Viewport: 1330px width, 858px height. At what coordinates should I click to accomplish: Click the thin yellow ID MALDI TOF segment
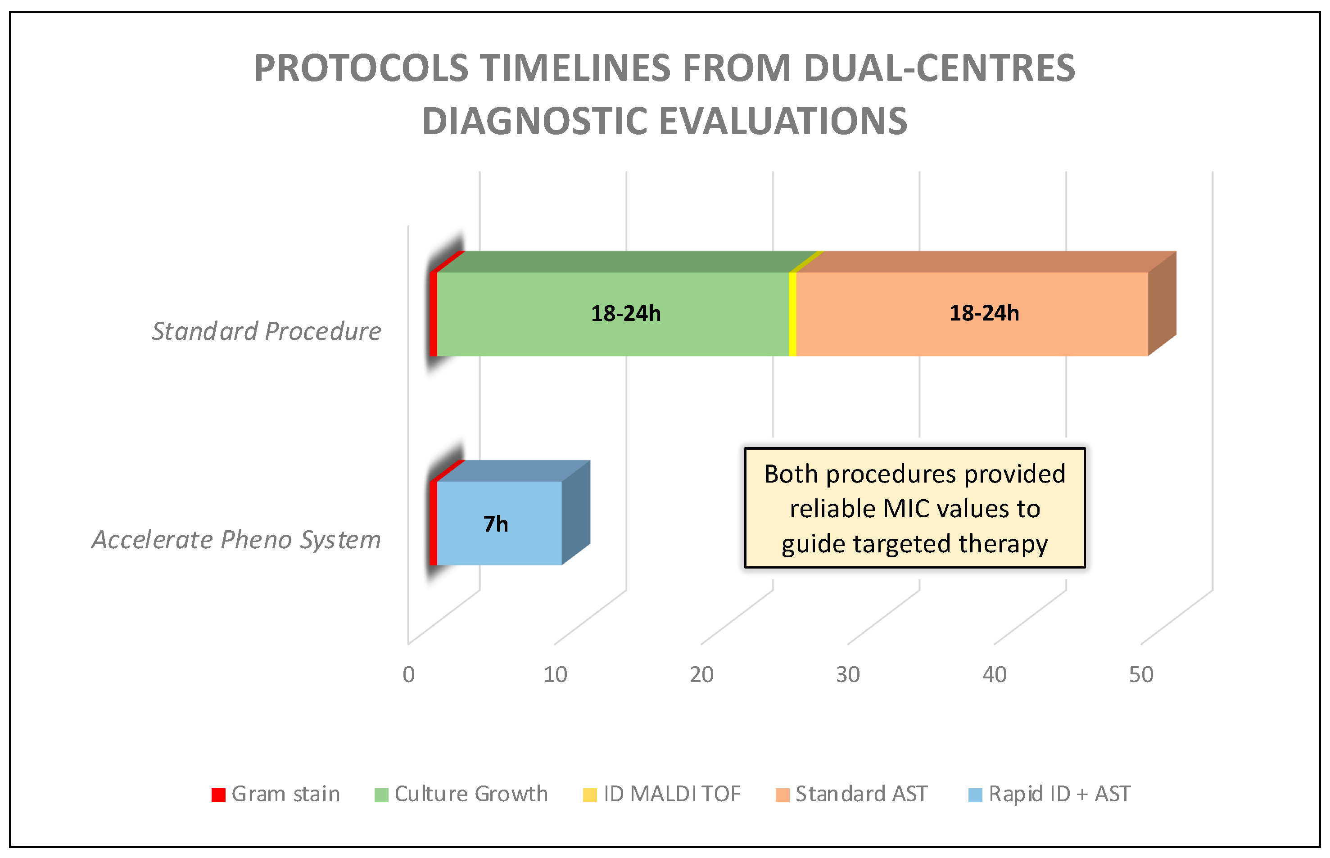click(792, 314)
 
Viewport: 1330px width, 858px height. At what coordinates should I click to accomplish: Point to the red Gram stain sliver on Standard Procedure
click(433, 314)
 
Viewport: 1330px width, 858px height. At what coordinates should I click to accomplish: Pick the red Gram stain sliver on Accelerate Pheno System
click(433, 523)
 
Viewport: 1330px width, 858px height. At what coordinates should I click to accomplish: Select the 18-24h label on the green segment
click(626, 314)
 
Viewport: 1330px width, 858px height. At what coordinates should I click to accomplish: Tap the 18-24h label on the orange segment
click(984, 313)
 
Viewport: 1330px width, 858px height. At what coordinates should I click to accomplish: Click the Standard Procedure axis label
click(267, 331)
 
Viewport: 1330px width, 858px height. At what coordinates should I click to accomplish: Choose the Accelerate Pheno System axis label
click(236, 539)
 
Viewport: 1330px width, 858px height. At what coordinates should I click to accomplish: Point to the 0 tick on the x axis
click(408, 675)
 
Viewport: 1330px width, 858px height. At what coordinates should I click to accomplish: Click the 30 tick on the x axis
click(847, 675)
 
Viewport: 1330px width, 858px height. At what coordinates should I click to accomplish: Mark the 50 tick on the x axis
click(1140, 675)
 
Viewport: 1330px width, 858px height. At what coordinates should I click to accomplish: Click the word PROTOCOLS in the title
click(361, 68)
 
